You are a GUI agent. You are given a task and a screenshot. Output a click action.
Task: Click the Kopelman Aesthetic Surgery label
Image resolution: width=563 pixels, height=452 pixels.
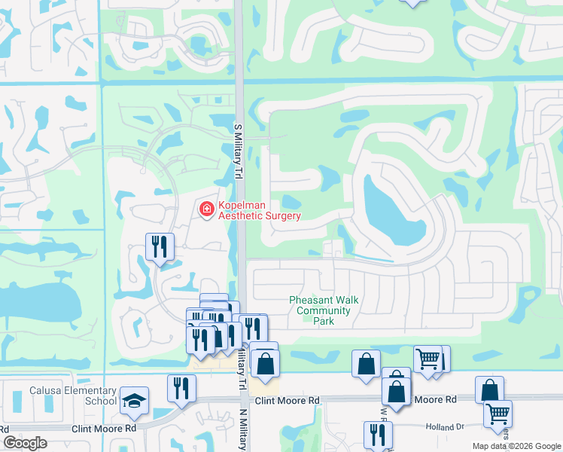260,210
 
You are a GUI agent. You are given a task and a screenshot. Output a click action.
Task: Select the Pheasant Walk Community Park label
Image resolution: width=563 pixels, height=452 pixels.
324,310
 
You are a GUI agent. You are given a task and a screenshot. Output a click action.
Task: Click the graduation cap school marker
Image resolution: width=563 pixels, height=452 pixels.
134,401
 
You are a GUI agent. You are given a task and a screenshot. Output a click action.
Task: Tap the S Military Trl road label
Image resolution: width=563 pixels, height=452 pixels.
237,151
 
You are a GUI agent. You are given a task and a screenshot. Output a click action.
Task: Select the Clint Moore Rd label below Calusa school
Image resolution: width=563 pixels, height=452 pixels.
105,429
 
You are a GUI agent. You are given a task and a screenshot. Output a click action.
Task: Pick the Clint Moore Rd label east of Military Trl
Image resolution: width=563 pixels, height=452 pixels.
288,400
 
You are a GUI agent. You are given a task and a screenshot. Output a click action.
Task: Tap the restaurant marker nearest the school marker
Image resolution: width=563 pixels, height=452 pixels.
181,388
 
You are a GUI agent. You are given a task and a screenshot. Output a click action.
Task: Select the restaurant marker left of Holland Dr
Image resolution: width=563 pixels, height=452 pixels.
377,434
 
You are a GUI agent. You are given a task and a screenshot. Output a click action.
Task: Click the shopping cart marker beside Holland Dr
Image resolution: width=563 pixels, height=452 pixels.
498,414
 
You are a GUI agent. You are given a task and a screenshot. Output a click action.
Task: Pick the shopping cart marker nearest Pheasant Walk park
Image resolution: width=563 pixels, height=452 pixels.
428,359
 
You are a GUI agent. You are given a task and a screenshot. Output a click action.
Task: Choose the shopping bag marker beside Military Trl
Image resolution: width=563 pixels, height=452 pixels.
266,364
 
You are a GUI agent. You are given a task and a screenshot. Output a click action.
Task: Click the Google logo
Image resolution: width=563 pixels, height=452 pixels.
25,442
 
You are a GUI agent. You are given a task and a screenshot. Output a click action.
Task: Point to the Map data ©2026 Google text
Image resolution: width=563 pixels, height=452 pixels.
516,446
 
